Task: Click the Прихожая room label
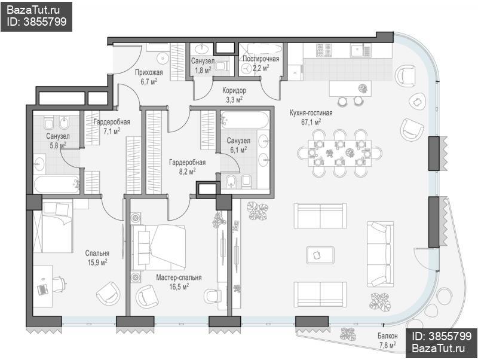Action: pos(149,72)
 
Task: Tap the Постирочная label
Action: pos(261,59)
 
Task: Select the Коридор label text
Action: pos(234,91)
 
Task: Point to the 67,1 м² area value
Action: pos(311,122)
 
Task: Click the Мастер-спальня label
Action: pos(179,277)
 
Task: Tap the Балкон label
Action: pos(387,336)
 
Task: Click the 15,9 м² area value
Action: pos(97,262)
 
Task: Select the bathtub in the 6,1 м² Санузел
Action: pos(245,120)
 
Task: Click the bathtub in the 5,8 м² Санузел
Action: pos(57,184)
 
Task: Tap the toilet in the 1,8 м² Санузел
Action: pos(223,65)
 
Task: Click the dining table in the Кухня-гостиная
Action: pos(339,153)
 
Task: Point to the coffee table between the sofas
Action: pos(320,255)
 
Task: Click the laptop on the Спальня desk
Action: pos(42,289)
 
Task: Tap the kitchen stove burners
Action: pos(324,50)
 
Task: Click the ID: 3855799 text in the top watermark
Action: pos(36,22)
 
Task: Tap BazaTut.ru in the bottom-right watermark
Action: pos(438,348)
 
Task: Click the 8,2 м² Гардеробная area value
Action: pos(187,172)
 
